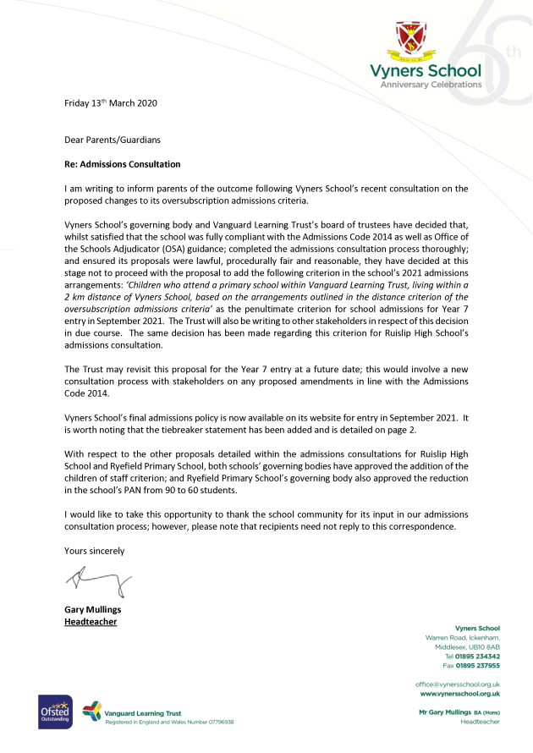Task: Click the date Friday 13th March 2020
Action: [111, 103]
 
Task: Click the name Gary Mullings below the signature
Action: [94, 609]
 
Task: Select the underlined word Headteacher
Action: [91, 622]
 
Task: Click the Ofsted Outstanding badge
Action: [52, 712]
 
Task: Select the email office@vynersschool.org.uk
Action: [457, 684]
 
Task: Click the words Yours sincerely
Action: [95, 551]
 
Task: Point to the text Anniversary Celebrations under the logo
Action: [431, 85]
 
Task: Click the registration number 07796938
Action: [217, 722]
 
